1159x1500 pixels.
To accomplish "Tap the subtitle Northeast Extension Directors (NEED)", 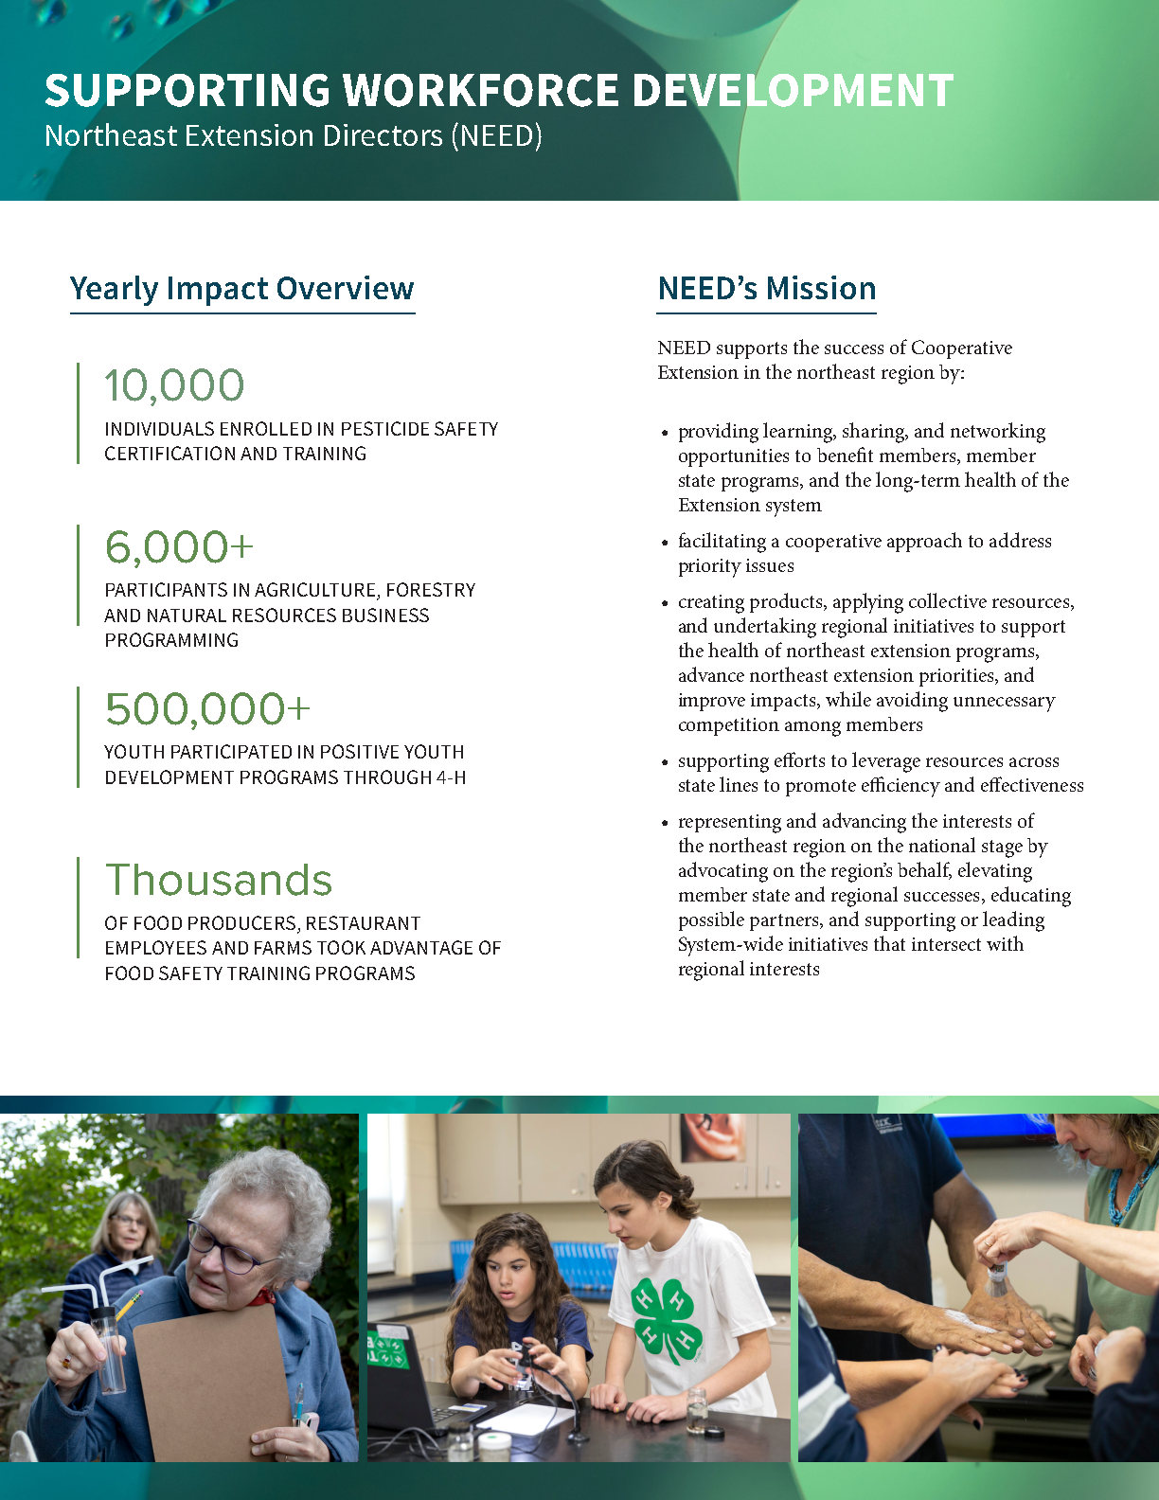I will coord(294,136).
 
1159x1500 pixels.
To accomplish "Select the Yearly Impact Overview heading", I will coord(242,289).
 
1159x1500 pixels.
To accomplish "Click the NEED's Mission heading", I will coord(767,289).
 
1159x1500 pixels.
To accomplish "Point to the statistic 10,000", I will coord(174,385).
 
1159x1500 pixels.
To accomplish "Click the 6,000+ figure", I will coord(179,547).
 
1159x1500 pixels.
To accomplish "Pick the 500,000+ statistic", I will coord(207,709).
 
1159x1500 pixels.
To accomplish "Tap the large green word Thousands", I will coord(219,880).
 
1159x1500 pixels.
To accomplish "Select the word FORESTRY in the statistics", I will coord(431,590).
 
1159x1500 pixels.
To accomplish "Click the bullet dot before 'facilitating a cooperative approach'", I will coord(665,543).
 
